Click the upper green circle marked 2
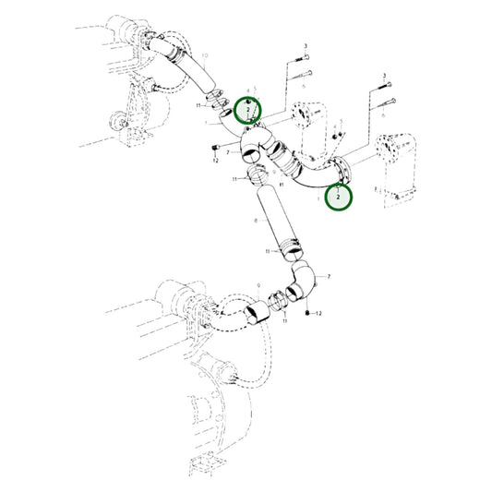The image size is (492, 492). tap(247, 110)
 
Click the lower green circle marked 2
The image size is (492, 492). tap(339, 197)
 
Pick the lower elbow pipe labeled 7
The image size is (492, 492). tap(305, 282)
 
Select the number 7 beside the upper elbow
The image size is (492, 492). tap(227, 151)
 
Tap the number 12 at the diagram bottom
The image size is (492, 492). tap(318, 316)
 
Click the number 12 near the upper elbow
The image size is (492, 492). tap(215, 160)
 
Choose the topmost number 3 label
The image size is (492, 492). tap(306, 46)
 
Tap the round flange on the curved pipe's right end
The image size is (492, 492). tap(343, 172)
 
